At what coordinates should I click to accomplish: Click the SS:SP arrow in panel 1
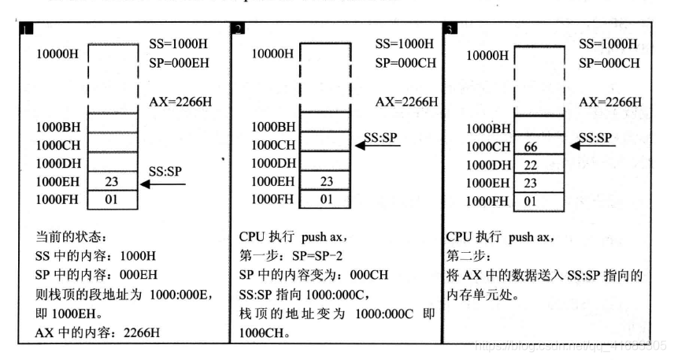[x=163, y=185]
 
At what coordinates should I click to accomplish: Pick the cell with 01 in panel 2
[x=324, y=199]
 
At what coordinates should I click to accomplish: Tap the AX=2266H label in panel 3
[x=609, y=102]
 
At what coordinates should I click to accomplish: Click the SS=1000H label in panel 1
[x=180, y=43]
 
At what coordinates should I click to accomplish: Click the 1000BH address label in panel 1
[x=59, y=126]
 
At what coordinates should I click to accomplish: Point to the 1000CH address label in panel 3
[x=489, y=147]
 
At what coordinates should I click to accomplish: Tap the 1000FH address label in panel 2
[x=273, y=199]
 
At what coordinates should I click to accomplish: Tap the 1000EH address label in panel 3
[x=489, y=183]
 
